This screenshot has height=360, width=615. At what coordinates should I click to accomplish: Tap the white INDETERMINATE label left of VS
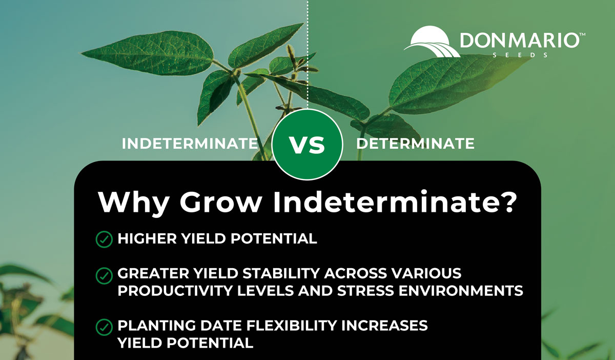190,144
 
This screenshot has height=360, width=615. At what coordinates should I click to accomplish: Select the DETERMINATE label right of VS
415,144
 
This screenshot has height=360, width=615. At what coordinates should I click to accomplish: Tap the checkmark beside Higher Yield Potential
104,239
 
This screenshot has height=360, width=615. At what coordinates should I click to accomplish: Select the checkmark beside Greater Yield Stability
104,276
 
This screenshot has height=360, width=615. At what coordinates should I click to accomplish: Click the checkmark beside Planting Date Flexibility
104,326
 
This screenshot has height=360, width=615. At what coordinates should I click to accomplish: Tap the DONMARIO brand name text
518,40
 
